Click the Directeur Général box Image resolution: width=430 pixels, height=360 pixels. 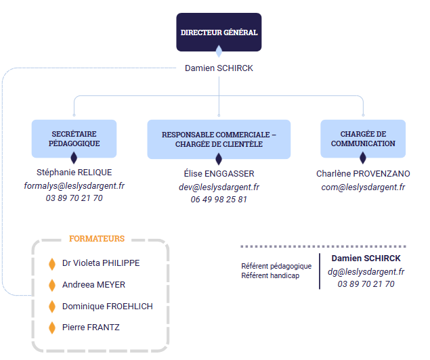click(x=218, y=32)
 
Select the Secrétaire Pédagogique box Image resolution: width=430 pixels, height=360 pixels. click(x=74, y=139)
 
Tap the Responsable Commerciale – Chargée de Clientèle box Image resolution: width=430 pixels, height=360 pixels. click(x=219, y=139)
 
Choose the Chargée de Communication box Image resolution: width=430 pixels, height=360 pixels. click(x=363, y=139)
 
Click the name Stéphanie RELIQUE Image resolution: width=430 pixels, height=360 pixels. click(x=74, y=173)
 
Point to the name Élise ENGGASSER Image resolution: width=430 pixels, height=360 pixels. click(x=219, y=174)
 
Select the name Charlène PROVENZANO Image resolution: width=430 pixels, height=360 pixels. click(x=363, y=174)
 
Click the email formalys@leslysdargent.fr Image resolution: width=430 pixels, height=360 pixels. click(x=74, y=185)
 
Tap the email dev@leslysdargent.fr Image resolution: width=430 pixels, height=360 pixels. click(x=219, y=187)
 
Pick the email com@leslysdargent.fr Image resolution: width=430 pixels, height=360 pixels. click(x=363, y=187)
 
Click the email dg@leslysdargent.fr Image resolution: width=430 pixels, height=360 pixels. click(x=366, y=271)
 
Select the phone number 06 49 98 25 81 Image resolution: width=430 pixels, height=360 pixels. click(x=219, y=200)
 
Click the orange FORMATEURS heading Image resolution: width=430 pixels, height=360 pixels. click(x=97, y=239)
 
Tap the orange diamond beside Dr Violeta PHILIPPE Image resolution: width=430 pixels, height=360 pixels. click(x=51, y=263)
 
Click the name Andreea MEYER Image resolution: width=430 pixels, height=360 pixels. click(x=93, y=285)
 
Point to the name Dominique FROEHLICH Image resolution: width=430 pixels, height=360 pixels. click(x=107, y=307)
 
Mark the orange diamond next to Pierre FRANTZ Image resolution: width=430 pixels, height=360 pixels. click(x=51, y=328)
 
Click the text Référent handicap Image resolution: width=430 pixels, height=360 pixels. click(x=270, y=276)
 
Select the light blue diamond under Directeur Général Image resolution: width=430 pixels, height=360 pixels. click(x=218, y=51)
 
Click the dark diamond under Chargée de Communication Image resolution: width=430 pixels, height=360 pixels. click(x=363, y=158)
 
